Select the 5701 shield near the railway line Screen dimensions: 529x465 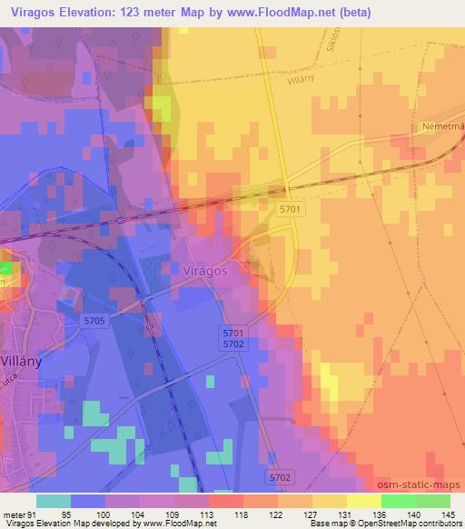point(290,209)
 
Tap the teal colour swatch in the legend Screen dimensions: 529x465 point(54,501)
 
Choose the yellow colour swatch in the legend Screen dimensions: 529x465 point(363,501)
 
